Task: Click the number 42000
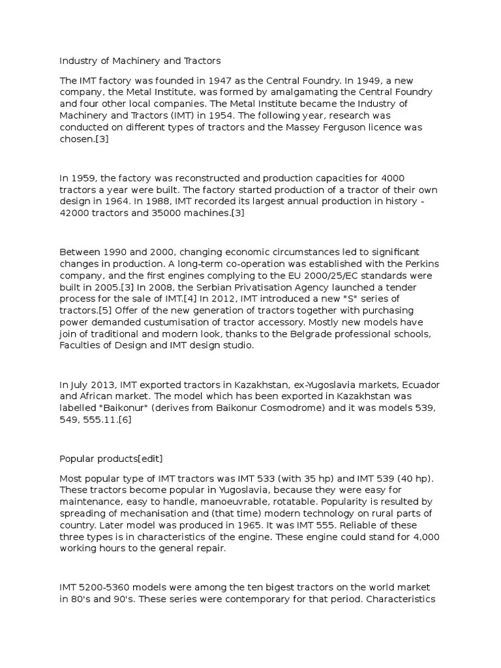tap(75, 213)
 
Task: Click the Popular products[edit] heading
tap(111, 458)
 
